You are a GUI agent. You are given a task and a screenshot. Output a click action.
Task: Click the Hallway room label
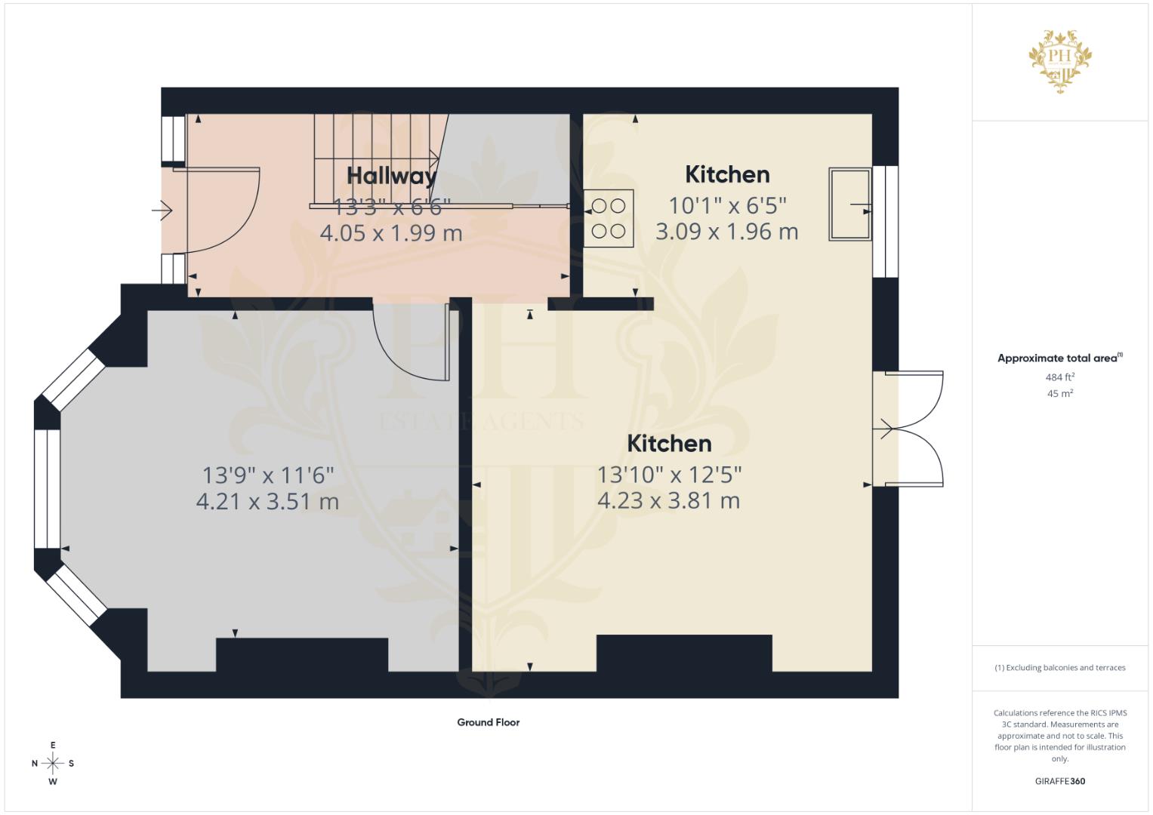(x=391, y=176)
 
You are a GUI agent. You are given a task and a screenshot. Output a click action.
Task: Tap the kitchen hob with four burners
(x=609, y=219)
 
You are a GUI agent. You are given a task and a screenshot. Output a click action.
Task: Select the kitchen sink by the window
(x=849, y=205)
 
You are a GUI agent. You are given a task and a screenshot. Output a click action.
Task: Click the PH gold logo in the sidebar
(x=1060, y=61)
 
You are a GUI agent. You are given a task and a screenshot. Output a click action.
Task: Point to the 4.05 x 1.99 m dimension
(x=391, y=233)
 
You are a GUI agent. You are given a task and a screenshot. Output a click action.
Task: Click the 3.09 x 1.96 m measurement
(x=727, y=232)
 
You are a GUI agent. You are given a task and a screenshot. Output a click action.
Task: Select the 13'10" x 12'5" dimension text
(x=669, y=475)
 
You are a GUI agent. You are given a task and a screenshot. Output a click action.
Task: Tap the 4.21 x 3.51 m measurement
(x=267, y=501)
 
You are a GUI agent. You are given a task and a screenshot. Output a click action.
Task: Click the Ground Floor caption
(x=489, y=722)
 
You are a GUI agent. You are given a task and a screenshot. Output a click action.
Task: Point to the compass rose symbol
(x=53, y=763)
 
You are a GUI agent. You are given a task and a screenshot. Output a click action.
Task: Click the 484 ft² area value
(x=1060, y=377)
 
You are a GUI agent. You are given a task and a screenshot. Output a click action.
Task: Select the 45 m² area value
(x=1060, y=394)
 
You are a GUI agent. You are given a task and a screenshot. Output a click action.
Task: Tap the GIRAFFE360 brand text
(x=1060, y=781)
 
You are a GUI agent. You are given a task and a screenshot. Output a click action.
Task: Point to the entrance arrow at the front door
(x=162, y=211)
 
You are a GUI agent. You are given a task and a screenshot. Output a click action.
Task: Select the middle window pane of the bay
(x=48, y=489)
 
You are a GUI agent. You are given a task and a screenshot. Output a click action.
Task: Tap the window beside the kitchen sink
(x=886, y=221)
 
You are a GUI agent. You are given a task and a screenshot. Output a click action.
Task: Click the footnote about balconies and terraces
(x=1060, y=668)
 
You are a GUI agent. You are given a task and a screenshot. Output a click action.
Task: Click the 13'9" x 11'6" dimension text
(x=267, y=475)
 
